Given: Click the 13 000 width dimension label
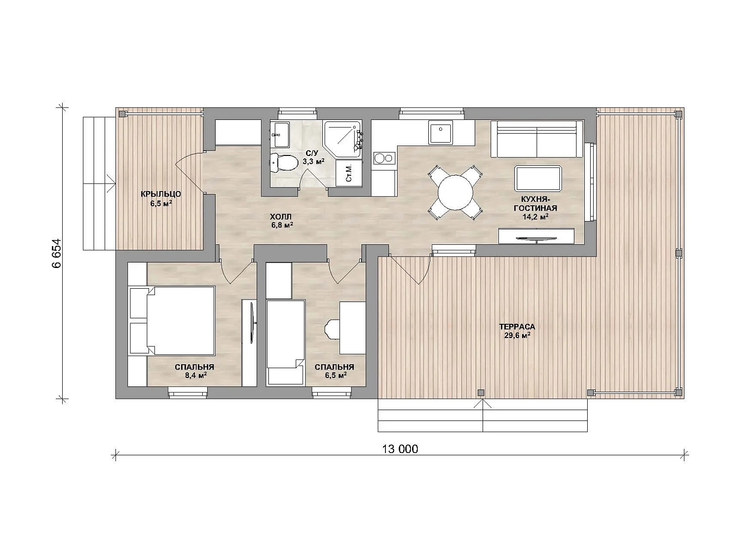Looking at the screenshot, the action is coord(400,449).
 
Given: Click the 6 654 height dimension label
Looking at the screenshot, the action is coord(57,253).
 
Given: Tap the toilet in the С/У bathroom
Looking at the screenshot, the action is coord(284,163).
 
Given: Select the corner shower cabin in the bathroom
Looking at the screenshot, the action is coord(342,139).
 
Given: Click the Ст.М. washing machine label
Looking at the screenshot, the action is coord(348,173).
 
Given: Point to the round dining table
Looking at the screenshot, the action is coord(455,192).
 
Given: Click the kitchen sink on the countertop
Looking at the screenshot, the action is coord(440,132).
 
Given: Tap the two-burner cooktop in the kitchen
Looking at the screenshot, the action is coord(384,158).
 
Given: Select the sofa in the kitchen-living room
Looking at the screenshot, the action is coord(536,139).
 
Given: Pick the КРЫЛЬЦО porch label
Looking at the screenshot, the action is coord(161,194).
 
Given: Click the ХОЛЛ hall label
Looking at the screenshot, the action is coord(281,216).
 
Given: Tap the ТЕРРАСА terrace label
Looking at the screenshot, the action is coord(517,327).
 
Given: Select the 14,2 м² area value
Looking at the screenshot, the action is coord(535,217).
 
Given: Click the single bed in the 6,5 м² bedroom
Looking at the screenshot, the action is coord(286,343).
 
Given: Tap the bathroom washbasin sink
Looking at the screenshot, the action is coord(280,135).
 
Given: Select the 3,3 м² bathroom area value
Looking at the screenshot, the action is coord(313,161).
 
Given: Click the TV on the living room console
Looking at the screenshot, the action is coord(536,239).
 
